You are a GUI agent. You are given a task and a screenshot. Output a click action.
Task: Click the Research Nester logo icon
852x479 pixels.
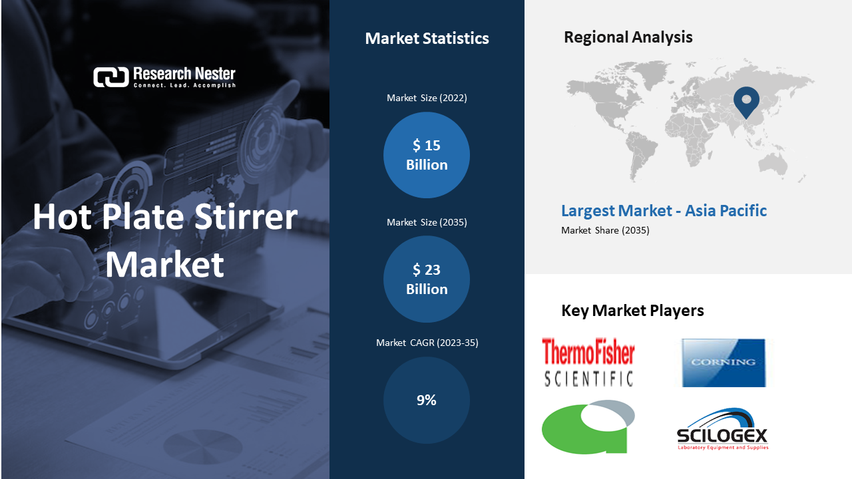(111, 77)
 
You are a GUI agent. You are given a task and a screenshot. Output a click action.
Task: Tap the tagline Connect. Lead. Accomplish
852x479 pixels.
(184, 85)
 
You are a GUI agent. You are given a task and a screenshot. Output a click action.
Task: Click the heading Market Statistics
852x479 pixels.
(427, 39)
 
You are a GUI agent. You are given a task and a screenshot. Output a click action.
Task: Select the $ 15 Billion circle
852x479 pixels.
(427, 155)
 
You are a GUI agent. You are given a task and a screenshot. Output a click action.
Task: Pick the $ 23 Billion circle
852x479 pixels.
(427, 279)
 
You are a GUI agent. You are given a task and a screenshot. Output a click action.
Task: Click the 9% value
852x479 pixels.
(427, 400)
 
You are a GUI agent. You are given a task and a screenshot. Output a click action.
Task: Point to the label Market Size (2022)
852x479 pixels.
(427, 98)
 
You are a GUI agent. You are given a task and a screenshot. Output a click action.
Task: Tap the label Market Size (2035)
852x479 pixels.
(427, 222)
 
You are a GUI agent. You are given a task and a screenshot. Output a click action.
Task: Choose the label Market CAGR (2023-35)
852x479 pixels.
(427, 343)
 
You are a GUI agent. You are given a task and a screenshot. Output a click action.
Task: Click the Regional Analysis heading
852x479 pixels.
(628, 37)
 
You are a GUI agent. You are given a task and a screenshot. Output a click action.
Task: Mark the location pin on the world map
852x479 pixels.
(746, 102)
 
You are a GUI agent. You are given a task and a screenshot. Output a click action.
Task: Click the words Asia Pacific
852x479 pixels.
(726, 211)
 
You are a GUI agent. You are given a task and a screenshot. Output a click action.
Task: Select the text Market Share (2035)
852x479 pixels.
(605, 230)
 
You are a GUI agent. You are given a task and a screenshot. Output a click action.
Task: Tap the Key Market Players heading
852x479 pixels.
(632, 311)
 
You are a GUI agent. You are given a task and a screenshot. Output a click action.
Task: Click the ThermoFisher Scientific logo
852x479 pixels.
(588, 363)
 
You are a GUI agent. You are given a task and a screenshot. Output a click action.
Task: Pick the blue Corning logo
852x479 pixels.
(724, 363)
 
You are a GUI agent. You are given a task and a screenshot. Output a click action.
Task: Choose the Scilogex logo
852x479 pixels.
(722, 430)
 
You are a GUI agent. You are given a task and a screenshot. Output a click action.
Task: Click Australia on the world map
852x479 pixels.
(773, 164)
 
